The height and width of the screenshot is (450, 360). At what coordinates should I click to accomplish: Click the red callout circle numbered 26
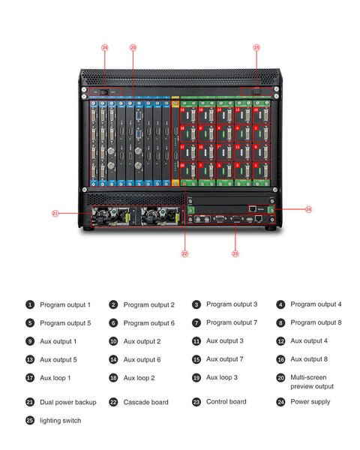[133, 47]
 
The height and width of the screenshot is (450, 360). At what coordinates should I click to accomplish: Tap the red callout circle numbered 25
[256, 47]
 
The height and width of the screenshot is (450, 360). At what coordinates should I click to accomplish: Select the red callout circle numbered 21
[55, 214]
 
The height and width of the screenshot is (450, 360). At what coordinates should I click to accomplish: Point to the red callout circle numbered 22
[184, 254]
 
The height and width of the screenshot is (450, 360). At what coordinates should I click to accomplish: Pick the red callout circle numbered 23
[235, 254]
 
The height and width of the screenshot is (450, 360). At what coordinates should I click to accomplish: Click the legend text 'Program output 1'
[65, 304]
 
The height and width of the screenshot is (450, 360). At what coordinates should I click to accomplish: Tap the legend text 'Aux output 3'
[225, 341]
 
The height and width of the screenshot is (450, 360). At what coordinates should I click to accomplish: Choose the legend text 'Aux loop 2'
[139, 378]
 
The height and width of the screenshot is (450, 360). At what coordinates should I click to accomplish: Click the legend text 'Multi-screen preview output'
[312, 382]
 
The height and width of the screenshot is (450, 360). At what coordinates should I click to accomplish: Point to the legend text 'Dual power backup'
[68, 402]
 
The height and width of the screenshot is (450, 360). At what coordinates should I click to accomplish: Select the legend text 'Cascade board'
[146, 402]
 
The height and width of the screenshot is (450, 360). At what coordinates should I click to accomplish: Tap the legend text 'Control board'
[226, 402]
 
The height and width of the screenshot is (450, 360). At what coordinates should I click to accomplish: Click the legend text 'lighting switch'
[61, 421]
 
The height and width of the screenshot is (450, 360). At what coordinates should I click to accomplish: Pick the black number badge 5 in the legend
[30, 323]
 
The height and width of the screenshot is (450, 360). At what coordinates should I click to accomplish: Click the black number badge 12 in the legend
[280, 341]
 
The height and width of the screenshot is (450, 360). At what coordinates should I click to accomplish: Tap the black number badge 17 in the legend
[30, 378]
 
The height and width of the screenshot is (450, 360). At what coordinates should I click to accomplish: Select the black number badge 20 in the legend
[280, 378]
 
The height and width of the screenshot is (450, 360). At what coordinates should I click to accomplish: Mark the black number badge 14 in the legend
[113, 360]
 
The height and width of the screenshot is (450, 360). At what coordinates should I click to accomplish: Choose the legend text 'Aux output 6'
[142, 360]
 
